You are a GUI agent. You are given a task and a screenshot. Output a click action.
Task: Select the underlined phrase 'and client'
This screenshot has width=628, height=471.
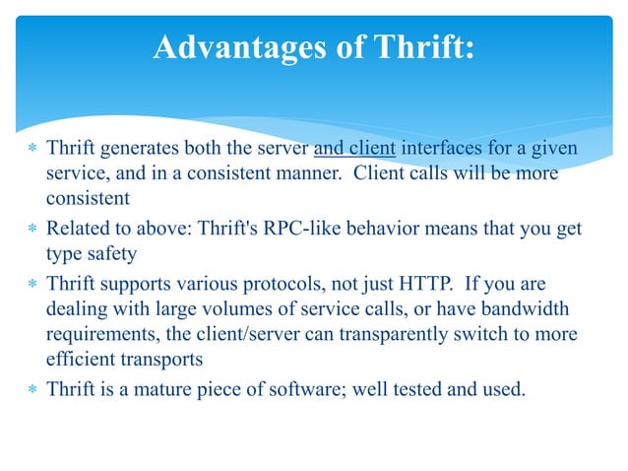pyautogui.click(x=354, y=150)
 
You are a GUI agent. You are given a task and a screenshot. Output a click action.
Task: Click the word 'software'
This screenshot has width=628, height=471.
pyautogui.click(x=300, y=388)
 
